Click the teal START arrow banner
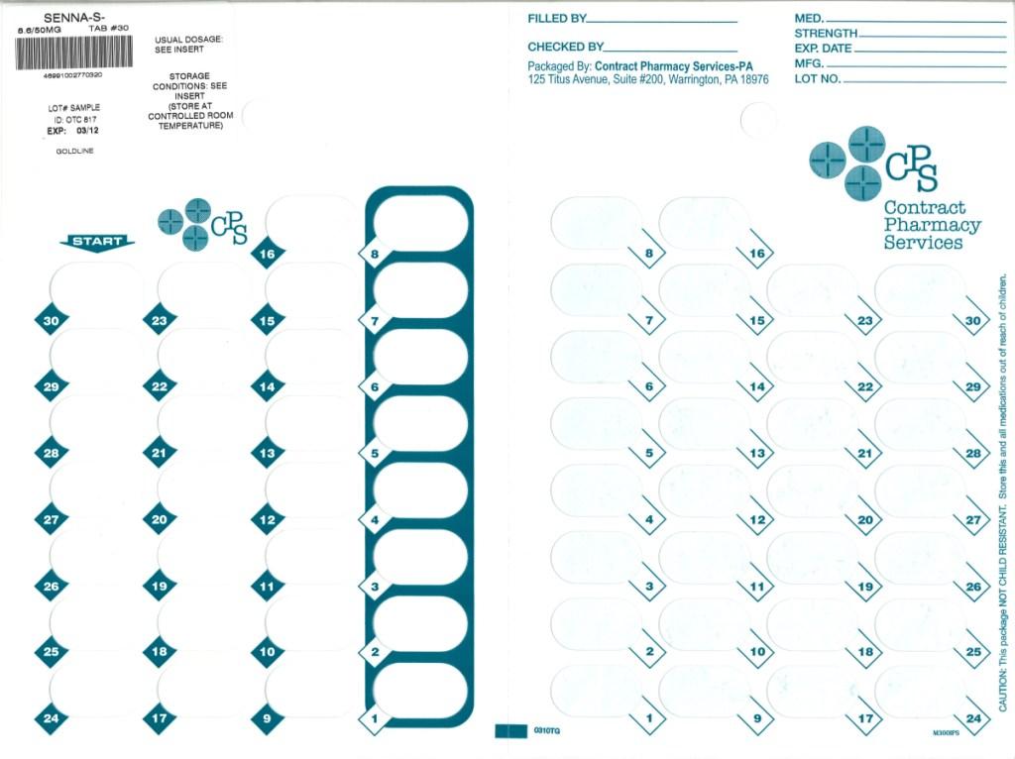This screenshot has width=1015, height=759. [97, 242]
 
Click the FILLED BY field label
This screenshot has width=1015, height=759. [556, 19]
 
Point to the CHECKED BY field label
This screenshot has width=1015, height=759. [565, 47]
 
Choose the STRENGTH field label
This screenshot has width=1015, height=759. [825, 34]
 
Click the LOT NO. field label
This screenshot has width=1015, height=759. [817, 79]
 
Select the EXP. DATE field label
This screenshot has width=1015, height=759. [823, 49]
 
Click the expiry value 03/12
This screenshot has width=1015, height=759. [88, 130]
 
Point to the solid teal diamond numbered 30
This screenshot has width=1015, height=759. [51, 320]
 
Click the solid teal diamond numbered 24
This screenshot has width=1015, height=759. [51, 718]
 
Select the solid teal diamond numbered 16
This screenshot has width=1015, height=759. [267, 254]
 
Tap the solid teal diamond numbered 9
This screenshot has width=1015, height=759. [267, 718]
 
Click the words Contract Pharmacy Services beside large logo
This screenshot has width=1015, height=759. [923, 225]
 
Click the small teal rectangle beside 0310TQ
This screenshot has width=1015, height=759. [510, 731]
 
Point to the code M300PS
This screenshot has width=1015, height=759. [947, 734]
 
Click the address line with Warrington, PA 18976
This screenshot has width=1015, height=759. [647, 79]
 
